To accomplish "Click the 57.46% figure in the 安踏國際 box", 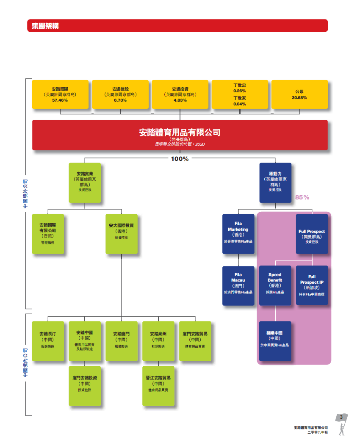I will tap(60, 100).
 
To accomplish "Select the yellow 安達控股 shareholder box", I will tap(120, 94).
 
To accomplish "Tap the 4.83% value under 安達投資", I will tap(180, 100).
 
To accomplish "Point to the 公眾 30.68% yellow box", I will tap(299, 94).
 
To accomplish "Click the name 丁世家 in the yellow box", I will tap(240, 98).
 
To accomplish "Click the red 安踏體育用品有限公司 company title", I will tap(180, 133).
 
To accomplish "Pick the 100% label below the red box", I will tap(180, 159).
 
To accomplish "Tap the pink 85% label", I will tap(302, 197).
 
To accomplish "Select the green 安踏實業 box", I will tap(85, 183).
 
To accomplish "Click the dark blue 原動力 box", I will tap(275, 183).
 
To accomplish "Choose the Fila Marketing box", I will tap(238, 234).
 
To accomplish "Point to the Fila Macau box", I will tap(238, 286).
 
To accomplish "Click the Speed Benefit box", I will tap(275, 286).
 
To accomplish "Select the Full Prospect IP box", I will tap(312, 286).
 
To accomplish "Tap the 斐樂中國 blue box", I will tap(275, 341).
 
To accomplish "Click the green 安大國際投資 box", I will tap(122, 234).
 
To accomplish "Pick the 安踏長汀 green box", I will tap(48, 341).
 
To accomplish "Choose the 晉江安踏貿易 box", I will tap(158, 386).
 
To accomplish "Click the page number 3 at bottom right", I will tap(341, 418).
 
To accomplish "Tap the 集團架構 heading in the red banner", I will tap(45, 26).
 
